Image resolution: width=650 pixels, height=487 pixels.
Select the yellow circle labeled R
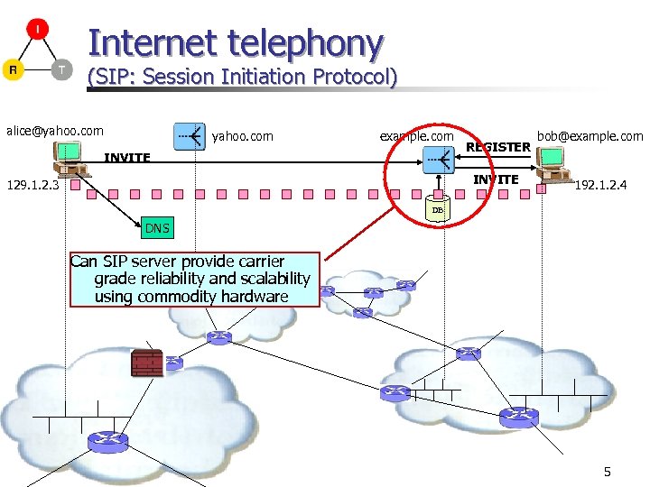click(x=14, y=70)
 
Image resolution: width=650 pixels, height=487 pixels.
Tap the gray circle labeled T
click(x=60, y=69)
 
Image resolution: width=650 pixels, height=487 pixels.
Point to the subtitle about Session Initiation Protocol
click(x=241, y=77)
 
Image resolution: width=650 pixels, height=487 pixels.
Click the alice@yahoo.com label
click(x=55, y=131)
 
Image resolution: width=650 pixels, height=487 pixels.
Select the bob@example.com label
click(x=590, y=136)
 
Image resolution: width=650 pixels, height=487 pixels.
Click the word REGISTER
click(x=497, y=147)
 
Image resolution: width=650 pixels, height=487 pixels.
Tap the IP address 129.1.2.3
click(x=32, y=186)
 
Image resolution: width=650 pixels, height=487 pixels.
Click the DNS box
click(x=157, y=228)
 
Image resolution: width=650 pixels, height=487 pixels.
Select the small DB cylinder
click(x=437, y=209)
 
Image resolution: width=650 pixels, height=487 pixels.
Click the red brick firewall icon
click(x=147, y=363)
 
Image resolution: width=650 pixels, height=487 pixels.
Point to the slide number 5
click(x=608, y=472)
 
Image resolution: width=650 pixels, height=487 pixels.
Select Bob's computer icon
click(x=552, y=161)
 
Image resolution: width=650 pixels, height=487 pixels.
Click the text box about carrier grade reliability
click(x=196, y=280)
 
